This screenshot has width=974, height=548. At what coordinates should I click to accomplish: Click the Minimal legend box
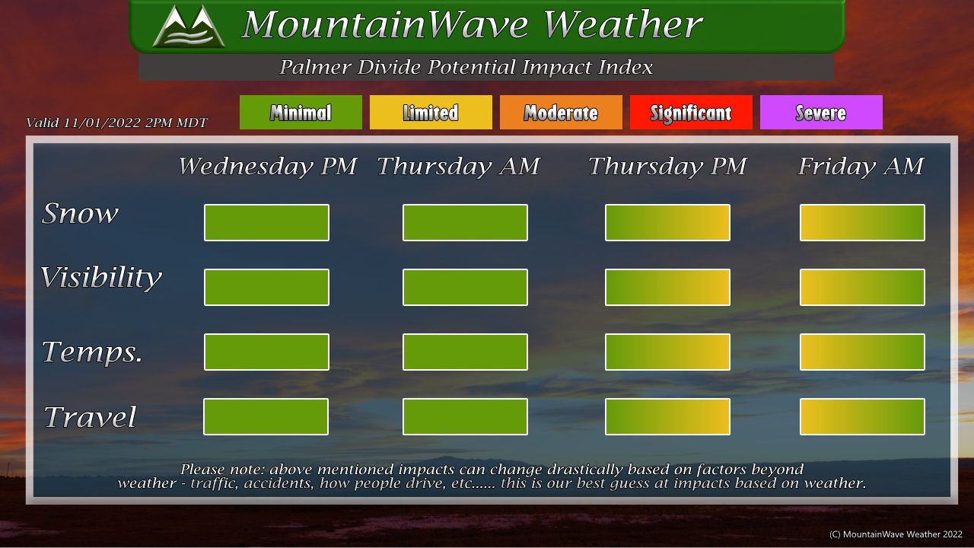301,112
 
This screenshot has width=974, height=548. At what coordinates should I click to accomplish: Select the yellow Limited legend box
431,112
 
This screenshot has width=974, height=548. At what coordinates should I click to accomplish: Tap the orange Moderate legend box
561,112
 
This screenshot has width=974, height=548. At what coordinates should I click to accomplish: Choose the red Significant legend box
691,112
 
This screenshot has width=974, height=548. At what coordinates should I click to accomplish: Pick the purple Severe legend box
821,112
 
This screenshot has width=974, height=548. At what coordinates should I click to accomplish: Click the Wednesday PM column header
267,166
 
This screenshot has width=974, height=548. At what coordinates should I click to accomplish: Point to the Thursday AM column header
458,166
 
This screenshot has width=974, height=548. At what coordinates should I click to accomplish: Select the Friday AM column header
861,166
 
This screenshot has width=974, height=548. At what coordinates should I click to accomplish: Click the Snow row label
80,214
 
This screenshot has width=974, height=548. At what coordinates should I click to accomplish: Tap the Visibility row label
101,278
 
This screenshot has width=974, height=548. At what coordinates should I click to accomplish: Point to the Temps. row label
92,352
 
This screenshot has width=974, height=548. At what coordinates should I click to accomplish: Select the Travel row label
90,416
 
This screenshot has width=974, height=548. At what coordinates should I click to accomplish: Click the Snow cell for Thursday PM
667,223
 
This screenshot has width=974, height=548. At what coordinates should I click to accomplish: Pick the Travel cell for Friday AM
862,416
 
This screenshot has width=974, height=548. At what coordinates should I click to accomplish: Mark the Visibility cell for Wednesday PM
266,287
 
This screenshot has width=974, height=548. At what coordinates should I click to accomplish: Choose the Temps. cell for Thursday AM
465,352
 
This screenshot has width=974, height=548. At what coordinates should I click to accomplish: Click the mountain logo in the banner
189,26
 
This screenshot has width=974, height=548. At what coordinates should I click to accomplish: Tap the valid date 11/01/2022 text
102,123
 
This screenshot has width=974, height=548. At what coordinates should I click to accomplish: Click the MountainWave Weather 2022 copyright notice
896,534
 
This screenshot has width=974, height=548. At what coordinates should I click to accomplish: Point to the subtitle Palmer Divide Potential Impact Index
466,67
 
